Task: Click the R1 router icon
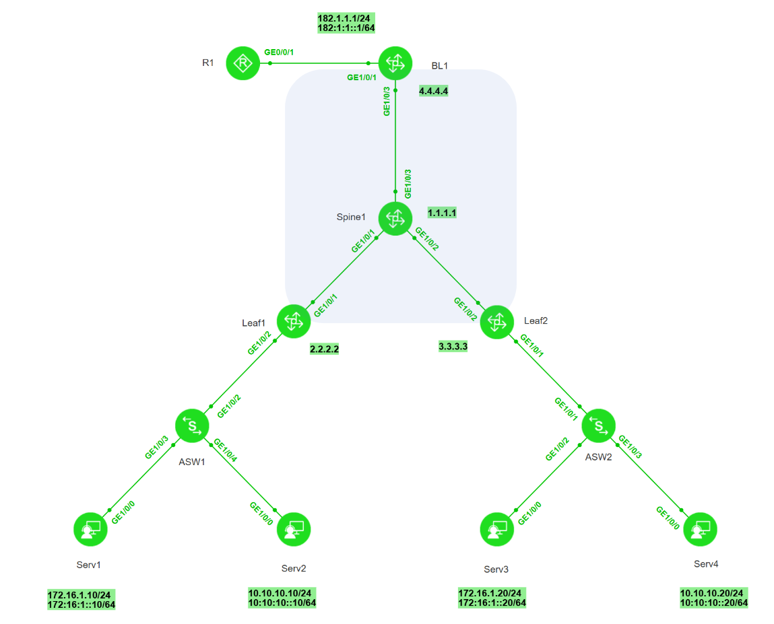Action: (x=243, y=63)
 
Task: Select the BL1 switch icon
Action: (x=395, y=63)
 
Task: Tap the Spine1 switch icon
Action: (x=395, y=218)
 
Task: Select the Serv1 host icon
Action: (x=90, y=529)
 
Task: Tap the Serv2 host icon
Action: (x=294, y=529)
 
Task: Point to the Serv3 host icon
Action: (x=497, y=529)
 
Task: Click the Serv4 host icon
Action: (x=701, y=529)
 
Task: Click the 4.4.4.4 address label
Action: (x=433, y=90)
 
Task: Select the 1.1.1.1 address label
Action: (x=443, y=213)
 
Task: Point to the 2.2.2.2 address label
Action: (x=325, y=349)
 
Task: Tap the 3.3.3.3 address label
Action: (x=453, y=347)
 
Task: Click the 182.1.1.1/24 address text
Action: (x=346, y=18)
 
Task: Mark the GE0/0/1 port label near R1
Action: (x=280, y=51)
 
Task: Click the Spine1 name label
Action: (x=351, y=217)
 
